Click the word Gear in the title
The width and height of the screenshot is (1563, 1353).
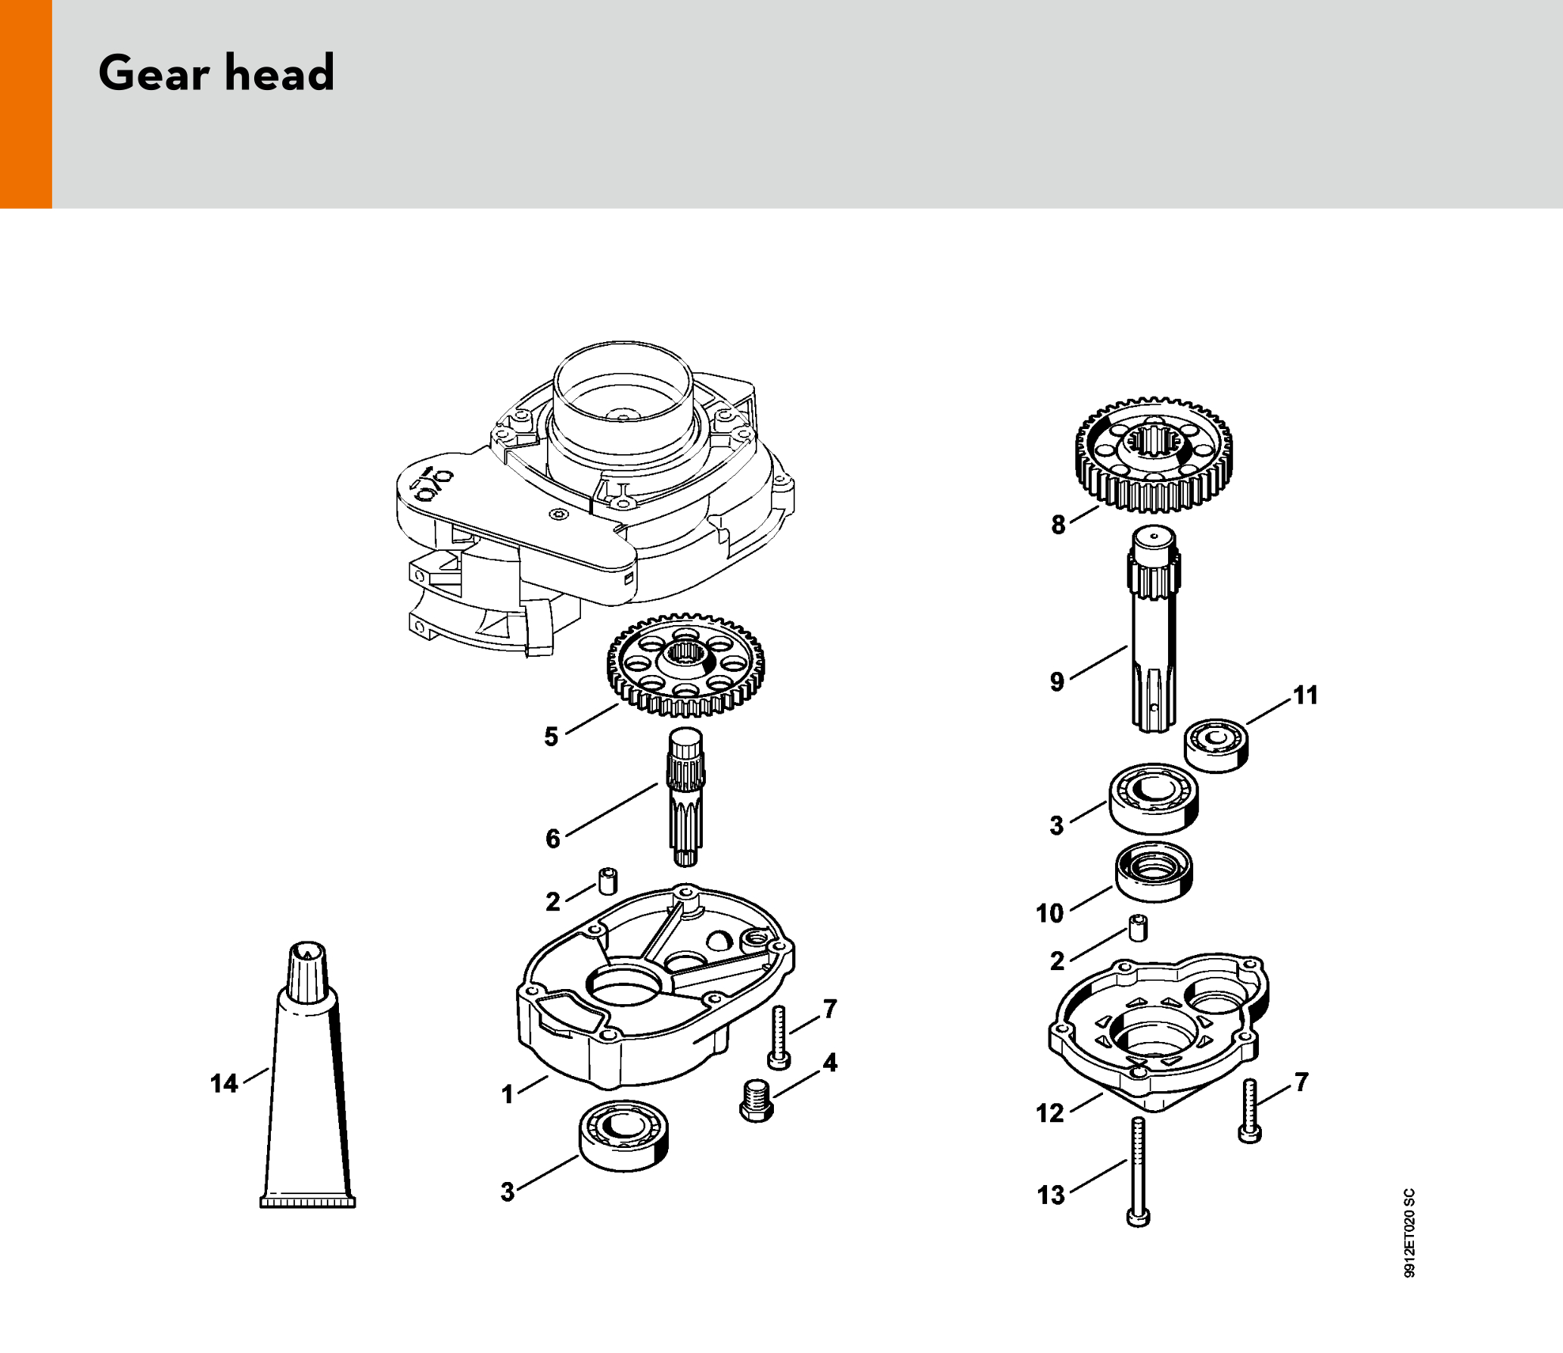pos(154,73)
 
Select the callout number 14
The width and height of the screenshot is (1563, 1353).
pos(224,1084)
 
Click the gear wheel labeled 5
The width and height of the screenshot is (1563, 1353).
pos(685,665)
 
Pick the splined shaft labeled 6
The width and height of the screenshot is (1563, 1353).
pos(685,797)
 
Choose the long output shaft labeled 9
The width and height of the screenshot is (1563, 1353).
pos(1154,629)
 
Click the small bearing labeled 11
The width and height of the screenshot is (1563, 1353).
pos(1217,746)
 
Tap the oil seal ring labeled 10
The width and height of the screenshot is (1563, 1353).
pos(1154,872)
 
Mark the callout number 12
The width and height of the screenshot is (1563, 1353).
pos(1050,1113)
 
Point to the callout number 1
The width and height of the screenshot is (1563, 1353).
pos(508,1094)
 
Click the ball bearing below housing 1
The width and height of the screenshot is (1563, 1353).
pos(623,1136)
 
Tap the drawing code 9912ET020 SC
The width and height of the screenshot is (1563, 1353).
pos(1409,1233)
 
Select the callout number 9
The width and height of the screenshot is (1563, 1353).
pos(1057,682)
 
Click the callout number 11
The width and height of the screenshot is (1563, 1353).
pos(1306,695)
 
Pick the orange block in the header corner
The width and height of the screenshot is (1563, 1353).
pos(26,104)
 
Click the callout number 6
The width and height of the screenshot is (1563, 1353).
pos(553,838)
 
